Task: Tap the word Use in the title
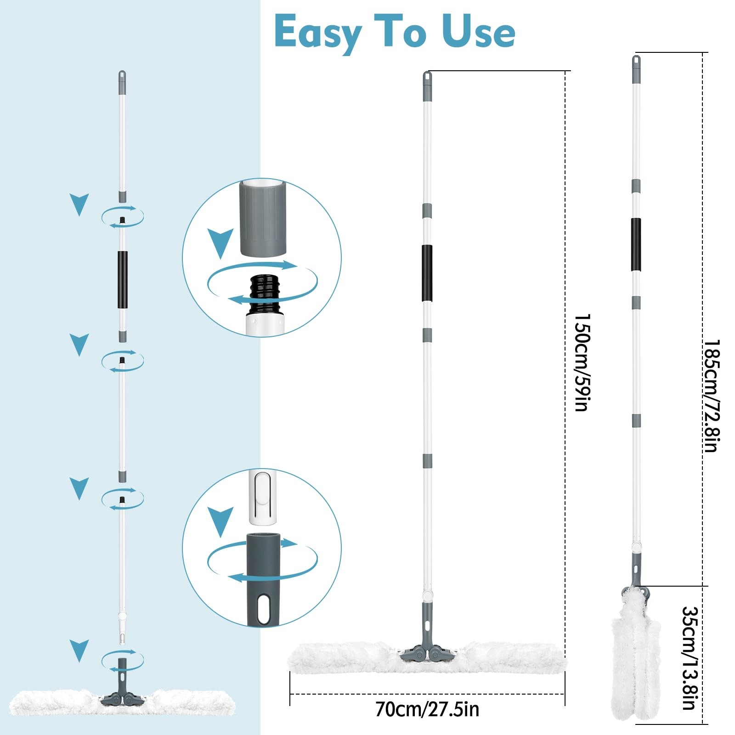[478, 31]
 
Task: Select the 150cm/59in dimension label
[582, 362]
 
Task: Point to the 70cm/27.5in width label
[427, 709]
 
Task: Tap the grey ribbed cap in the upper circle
[263, 218]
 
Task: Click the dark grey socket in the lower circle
[264, 579]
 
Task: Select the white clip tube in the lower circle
[263, 497]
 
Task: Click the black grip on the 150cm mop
[427, 273]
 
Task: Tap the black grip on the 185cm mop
[636, 244]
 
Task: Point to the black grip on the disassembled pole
[122, 280]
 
